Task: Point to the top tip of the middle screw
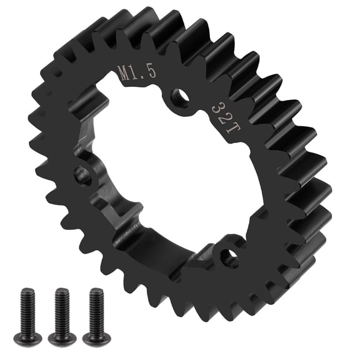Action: click(x=61, y=289)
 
